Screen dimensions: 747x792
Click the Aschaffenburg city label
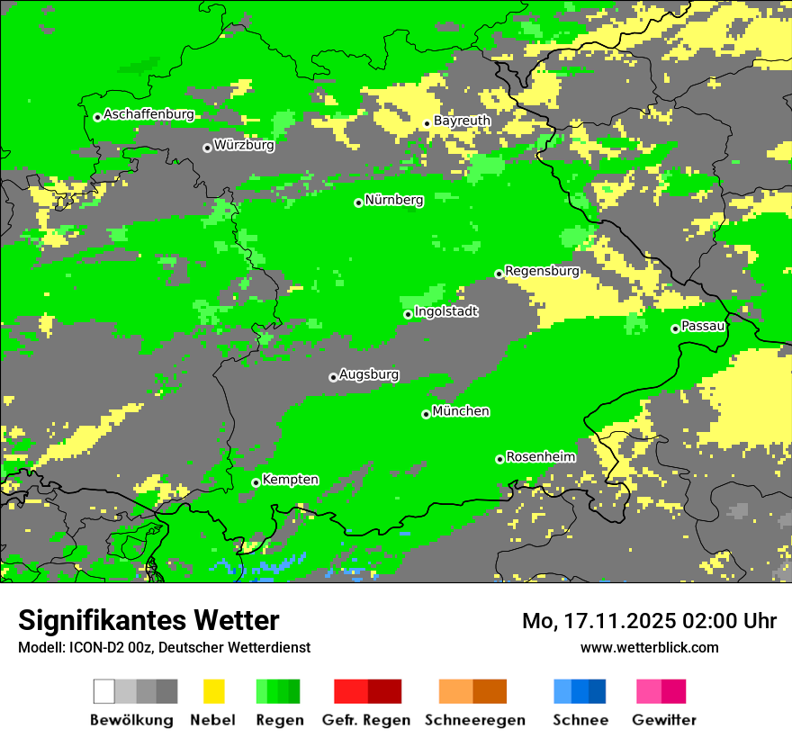[148, 114]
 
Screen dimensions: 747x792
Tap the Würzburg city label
[244, 144]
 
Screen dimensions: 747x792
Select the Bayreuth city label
[462, 121]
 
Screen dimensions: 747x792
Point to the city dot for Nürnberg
[358, 202]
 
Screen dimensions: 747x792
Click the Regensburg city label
[542, 270]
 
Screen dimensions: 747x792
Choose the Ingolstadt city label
[445, 311]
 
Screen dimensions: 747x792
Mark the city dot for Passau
[675, 328]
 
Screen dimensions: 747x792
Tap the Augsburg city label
[369, 374]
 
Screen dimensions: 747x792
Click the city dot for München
[426, 414]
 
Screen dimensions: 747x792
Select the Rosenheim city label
[541, 456]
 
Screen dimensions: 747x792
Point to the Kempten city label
[290, 480]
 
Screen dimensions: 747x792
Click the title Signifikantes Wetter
[148, 621]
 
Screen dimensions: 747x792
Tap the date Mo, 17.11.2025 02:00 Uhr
[649, 621]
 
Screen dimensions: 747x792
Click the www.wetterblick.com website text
[649, 647]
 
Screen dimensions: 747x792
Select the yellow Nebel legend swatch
[213, 691]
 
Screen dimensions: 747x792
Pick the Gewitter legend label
[664, 720]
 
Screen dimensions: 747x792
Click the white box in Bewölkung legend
[104, 691]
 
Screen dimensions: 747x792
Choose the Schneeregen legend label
[475, 720]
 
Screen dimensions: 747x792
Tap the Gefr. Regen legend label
[366, 720]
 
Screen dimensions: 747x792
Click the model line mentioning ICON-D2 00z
[164, 647]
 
